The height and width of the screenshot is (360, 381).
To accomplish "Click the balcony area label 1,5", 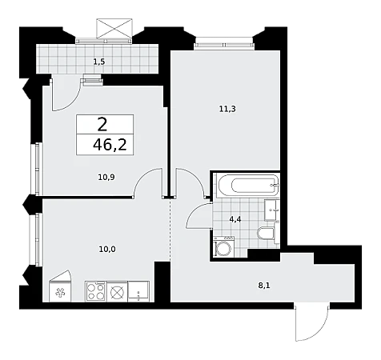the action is (x=99, y=62).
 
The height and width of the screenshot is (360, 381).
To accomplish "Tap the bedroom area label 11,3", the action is (x=227, y=109).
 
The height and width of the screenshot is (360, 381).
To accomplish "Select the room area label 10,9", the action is (x=106, y=177).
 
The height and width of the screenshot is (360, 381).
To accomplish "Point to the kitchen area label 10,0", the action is (x=107, y=250).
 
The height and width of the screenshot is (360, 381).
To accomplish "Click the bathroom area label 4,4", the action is (x=235, y=219).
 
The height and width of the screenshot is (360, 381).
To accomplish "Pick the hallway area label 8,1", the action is (x=264, y=286).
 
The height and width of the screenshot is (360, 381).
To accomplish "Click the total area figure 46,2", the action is (x=110, y=145).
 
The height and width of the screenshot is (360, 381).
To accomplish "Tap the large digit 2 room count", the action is (x=102, y=125).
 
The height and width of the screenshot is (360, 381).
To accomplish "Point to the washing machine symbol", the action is (x=224, y=246).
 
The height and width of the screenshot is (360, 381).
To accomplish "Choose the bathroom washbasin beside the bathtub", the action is (x=271, y=210).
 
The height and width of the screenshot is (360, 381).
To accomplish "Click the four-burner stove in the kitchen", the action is (x=96, y=291).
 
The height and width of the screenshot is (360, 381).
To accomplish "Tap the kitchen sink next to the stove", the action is (x=138, y=291).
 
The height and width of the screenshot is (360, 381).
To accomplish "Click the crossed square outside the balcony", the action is (x=114, y=28).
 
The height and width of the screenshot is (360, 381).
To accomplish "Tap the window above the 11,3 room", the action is (x=224, y=43).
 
